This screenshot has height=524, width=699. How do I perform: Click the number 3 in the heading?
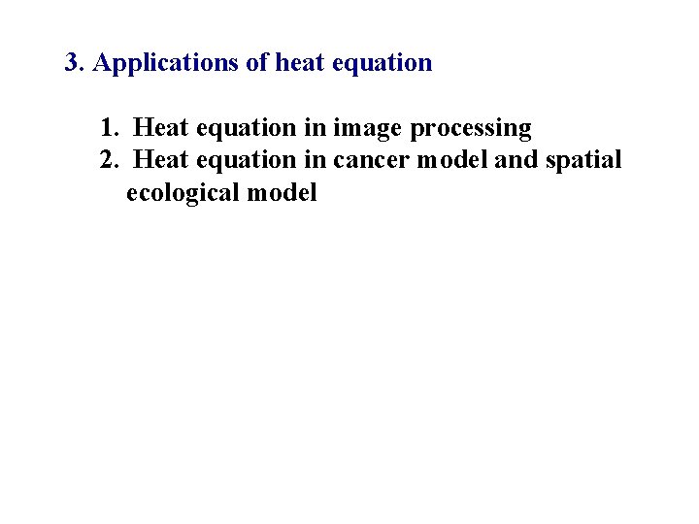click(72, 64)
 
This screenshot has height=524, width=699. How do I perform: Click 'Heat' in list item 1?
click(161, 128)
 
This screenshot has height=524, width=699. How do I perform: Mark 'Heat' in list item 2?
click(161, 160)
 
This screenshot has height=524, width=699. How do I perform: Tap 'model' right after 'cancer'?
click(452, 160)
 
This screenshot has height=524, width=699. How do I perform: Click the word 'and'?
click(515, 160)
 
